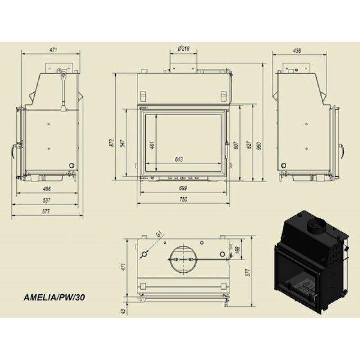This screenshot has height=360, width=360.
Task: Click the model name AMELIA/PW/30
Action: click(x=54, y=297)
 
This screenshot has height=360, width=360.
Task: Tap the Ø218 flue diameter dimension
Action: click(x=184, y=49)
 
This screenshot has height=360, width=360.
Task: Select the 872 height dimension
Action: click(x=112, y=143)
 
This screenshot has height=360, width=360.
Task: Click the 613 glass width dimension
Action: click(x=179, y=159)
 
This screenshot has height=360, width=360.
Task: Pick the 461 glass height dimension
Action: click(x=152, y=145)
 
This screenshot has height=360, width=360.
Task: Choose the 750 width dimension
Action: click(x=183, y=199)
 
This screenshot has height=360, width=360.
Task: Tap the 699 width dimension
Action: click(x=183, y=188)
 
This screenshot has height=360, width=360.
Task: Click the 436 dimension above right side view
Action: click(x=297, y=50)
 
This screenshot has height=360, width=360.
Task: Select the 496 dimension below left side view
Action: click(x=47, y=189)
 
